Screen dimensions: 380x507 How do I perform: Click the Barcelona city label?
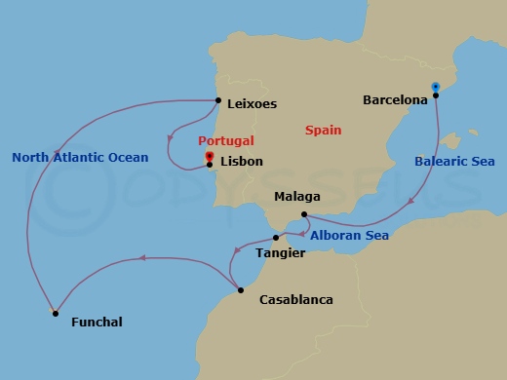[395, 99]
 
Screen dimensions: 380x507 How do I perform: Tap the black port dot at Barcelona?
[436, 95]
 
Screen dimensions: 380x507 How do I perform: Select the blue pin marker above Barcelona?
[435, 86]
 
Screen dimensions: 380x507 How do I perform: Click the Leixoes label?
[252, 103]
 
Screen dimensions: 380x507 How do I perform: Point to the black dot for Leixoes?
[217, 98]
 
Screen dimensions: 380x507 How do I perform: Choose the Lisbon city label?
[242, 162]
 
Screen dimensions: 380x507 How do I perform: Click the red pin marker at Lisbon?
[210, 155]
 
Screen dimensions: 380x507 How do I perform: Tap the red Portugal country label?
[226, 141]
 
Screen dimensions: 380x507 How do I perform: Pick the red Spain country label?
[323, 130]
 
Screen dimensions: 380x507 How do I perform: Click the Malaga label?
[296, 196]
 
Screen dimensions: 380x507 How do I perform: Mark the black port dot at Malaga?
[304, 214]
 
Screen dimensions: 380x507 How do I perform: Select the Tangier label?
[280, 253]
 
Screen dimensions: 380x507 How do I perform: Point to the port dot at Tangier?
[276, 237]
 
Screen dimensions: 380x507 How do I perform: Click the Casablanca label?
[296, 300]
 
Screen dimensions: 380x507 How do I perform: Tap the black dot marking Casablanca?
[238, 289]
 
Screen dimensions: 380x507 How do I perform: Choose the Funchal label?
[97, 322]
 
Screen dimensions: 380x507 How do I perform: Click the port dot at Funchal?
[55, 313]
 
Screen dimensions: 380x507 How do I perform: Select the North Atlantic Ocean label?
[80, 158]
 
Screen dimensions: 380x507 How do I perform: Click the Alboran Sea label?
[349, 236]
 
